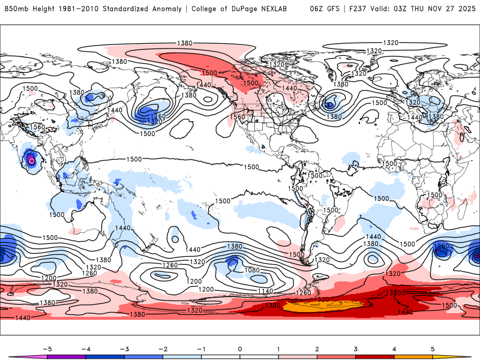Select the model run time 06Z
point(317,9)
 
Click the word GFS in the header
point(337,9)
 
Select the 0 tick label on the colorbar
point(239,349)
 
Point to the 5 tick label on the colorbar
point(433,349)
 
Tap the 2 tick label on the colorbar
point(317,349)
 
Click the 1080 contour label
point(253,270)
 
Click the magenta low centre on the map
point(31,160)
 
